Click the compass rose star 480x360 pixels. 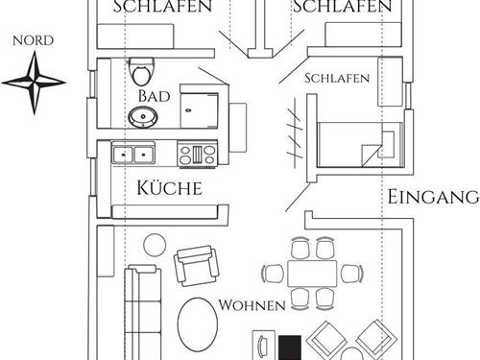click(x=34, y=82)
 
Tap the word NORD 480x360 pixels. click(x=34, y=41)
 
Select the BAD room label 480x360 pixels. click(x=154, y=97)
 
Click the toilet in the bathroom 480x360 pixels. click(x=142, y=70)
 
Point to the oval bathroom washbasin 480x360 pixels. click(x=145, y=117)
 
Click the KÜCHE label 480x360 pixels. click(x=169, y=186)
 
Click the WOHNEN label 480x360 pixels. click(x=252, y=305)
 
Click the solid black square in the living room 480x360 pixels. click(x=290, y=346)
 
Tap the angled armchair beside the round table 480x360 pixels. click(x=195, y=263)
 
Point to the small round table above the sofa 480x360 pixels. click(x=153, y=245)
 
